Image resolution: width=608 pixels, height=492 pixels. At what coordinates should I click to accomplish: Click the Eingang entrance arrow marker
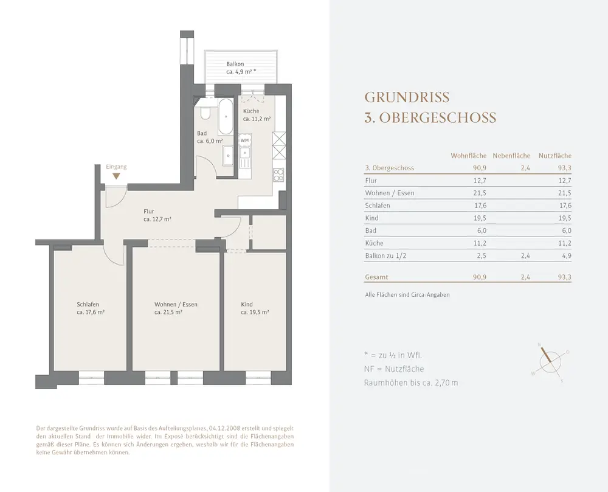(116, 176)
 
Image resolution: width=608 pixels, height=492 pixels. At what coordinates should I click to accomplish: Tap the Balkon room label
(235, 64)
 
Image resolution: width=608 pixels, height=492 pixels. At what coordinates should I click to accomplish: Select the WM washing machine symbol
(244, 140)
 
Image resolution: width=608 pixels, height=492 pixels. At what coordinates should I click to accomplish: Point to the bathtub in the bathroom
(226, 117)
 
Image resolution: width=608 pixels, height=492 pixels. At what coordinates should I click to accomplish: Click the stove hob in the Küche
(279, 175)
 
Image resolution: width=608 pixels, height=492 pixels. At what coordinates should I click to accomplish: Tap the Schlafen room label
(88, 304)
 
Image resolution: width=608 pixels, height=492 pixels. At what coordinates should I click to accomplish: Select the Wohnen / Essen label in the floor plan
(176, 304)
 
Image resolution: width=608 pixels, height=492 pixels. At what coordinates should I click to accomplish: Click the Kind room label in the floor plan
(247, 304)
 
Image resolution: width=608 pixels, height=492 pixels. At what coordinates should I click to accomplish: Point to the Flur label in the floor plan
(149, 211)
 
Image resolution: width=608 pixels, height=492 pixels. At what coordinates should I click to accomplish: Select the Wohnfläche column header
(468, 156)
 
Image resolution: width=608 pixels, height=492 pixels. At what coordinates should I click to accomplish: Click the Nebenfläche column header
(511, 156)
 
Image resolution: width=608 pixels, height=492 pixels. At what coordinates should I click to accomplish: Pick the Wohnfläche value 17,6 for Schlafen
(480, 206)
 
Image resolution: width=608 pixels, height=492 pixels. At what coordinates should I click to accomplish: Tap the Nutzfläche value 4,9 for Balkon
(567, 255)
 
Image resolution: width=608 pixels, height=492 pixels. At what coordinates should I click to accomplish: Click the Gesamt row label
(376, 277)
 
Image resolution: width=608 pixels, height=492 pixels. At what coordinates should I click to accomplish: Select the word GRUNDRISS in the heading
(407, 97)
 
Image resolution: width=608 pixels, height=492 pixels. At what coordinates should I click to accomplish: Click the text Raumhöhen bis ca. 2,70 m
(411, 383)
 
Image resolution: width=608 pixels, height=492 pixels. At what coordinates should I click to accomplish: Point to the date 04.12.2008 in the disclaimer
(224, 428)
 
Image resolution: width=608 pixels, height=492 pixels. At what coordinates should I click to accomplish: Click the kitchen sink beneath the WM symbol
(244, 155)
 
